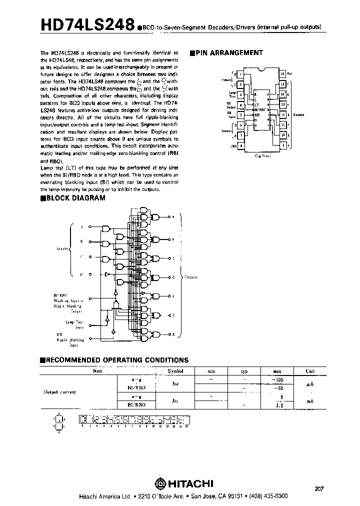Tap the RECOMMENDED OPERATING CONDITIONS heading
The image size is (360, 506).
point(116,359)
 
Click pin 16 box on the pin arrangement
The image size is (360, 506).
point(283,74)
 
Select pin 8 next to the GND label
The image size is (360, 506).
point(242,145)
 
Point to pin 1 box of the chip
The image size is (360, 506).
point(242,74)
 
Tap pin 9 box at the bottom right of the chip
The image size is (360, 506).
point(283,145)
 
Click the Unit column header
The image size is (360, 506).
point(310,371)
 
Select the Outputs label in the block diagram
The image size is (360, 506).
point(192,276)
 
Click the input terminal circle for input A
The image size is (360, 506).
point(90,227)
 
